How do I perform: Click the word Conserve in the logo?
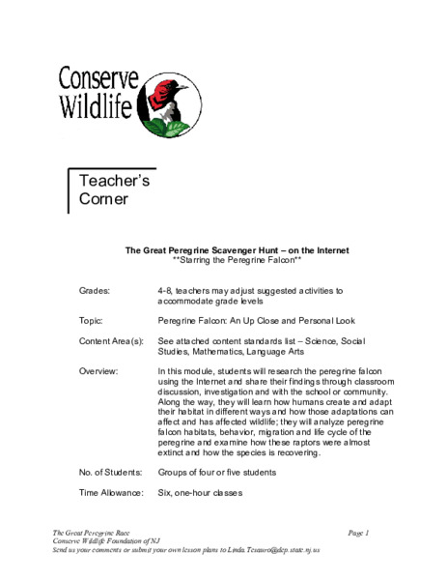(x=98, y=76)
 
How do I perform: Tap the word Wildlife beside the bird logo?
(x=97, y=106)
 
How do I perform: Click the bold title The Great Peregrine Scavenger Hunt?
(x=238, y=250)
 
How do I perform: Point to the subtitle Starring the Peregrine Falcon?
(x=238, y=261)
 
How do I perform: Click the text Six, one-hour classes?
(x=200, y=493)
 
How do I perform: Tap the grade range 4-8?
(x=164, y=290)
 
